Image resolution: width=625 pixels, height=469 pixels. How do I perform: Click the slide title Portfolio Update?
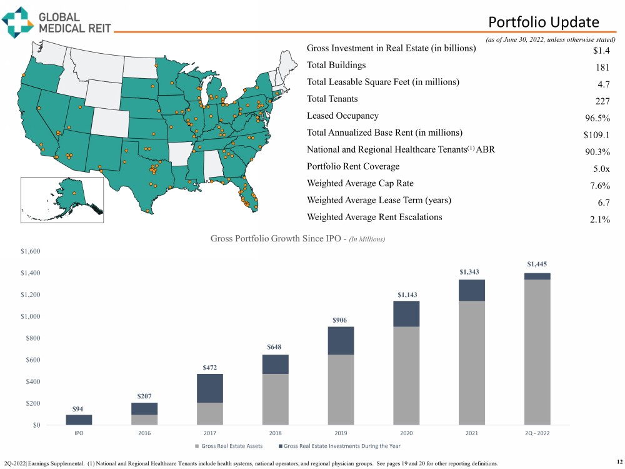(x=543, y=23)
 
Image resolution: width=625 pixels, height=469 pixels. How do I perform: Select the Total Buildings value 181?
(x=602, y=68)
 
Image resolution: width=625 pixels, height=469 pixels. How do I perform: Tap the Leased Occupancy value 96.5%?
(x=597, y=119)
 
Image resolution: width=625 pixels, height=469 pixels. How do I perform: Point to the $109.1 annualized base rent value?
(x=596, y=136)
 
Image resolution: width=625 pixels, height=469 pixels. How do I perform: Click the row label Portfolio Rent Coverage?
(x=352, y=166)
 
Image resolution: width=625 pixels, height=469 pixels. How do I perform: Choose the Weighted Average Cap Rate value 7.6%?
(x=600, y=186)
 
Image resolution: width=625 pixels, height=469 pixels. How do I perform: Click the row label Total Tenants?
(x=332, y=99)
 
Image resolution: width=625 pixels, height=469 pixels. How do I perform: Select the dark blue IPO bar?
(x=79, y=420)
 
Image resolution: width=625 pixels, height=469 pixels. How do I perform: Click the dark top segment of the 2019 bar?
(x=340, y=340)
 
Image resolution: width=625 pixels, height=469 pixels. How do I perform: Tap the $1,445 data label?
(x=537, y=265)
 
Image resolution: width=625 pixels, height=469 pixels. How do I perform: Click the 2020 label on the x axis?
(x=407, y=433)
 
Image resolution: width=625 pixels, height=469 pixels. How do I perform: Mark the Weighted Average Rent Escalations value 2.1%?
(x=600, y=219)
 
